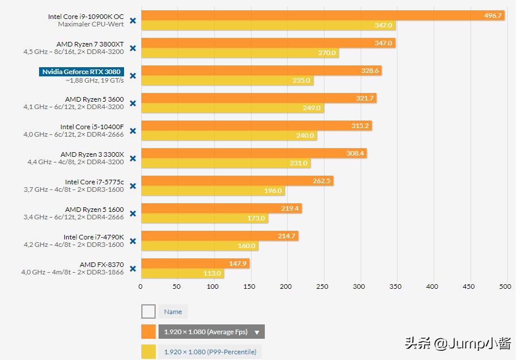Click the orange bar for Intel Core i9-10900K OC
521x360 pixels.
322,16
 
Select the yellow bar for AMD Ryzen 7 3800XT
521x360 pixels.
240,53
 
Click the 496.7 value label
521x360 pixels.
493,16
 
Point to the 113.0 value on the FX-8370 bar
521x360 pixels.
212,273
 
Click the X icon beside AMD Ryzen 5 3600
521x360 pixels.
133,103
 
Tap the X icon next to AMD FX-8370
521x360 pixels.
133,269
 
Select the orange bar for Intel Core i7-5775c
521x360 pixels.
237,181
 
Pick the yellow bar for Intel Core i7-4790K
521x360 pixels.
199,246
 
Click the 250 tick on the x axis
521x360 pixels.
323,287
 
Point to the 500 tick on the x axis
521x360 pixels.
505,287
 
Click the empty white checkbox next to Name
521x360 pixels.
148,312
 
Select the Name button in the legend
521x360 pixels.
173,312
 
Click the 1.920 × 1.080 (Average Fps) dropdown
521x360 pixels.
211,332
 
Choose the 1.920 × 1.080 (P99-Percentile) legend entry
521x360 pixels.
210,352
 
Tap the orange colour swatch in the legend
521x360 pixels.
148,332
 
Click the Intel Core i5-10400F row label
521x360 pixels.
92,127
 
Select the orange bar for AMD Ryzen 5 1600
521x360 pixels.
221,208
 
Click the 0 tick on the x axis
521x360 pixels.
141,287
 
